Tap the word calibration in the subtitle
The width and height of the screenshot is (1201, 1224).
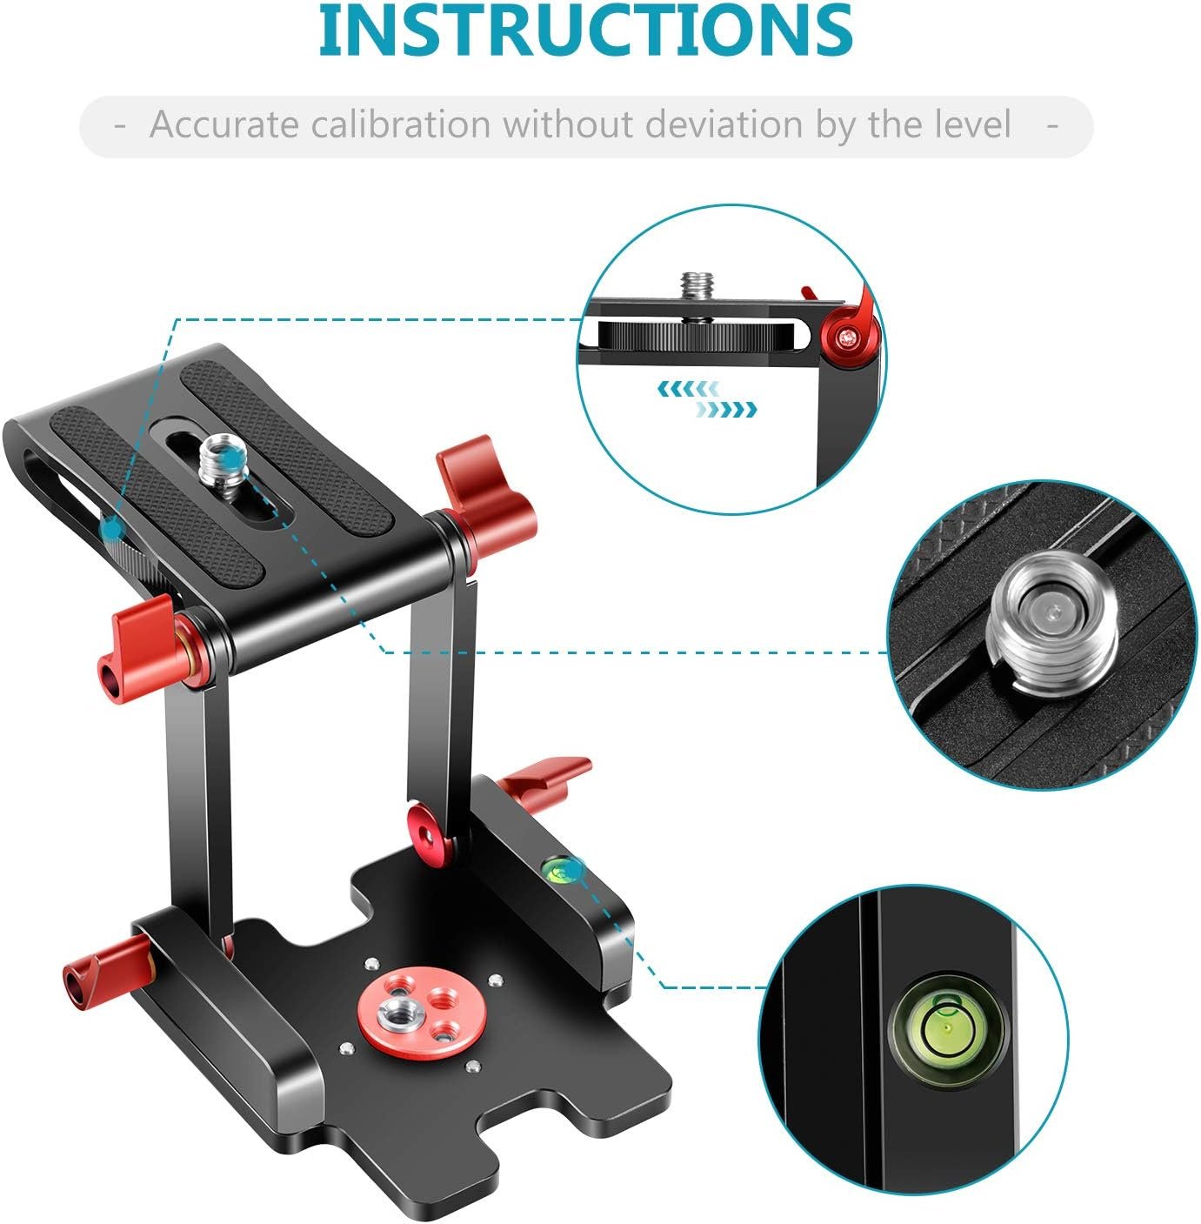[x=401, y=124]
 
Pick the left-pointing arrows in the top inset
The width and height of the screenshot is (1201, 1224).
[x=689, y=388]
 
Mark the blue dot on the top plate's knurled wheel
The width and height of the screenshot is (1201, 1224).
[x=112, y=528]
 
